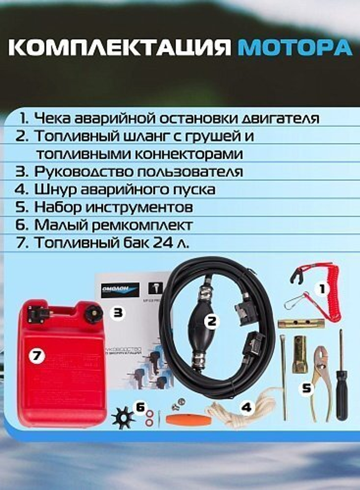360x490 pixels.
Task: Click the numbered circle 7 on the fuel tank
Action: click(x=37, y=356)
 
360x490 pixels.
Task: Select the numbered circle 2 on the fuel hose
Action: click(x=212, y=321)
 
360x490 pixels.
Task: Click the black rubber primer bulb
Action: click(x=202, y=329)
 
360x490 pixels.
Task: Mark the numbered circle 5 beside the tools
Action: click(x=306, y=389)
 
